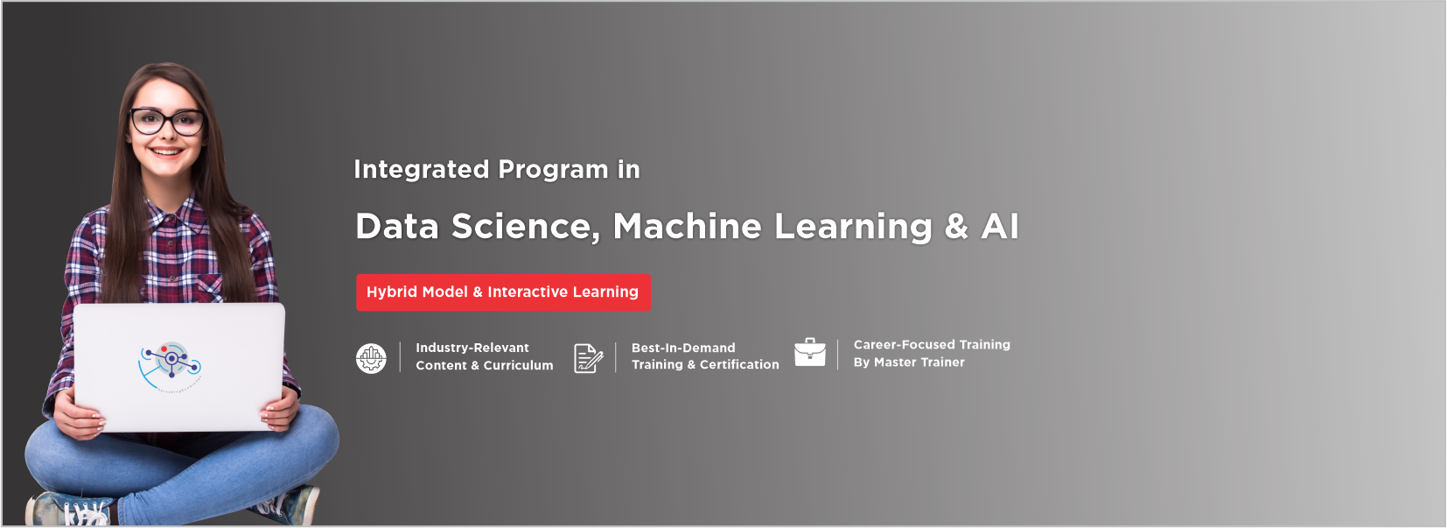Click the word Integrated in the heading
tap(421, 170)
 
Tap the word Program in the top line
tap(553, 170)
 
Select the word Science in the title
tap(526, 227)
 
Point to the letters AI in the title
tap(999, 227)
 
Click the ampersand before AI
tap(956, 227)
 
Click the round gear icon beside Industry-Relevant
tap(372, 358)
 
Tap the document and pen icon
tap(589, 358)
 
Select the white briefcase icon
tap(810, 352)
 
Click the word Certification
tap(739, 364)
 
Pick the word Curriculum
tap(518, 365)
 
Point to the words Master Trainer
tap(919, 363)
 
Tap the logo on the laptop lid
tap(171, 366)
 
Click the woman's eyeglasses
tap(167, 121)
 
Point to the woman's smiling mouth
tap(167, 151)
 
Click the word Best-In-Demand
tap(683, 348)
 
